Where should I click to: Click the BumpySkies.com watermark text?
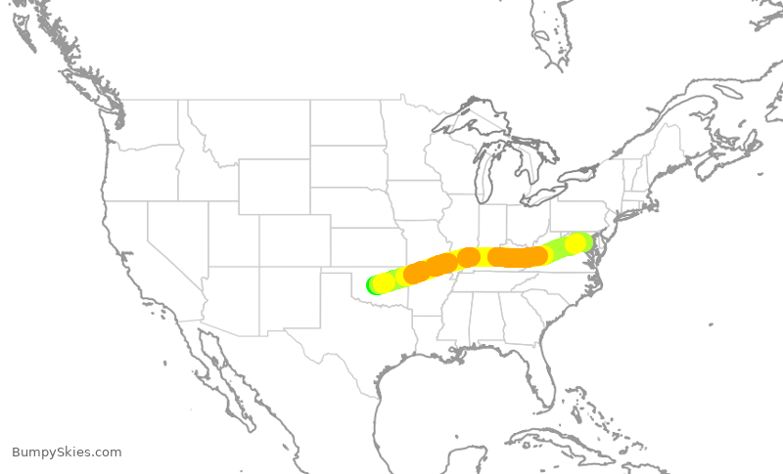point(67,452)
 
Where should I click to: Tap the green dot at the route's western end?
point(373,284)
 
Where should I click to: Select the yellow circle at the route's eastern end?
point(576,243)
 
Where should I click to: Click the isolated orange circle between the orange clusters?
point(469,257)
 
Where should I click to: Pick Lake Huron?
point(529,156)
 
